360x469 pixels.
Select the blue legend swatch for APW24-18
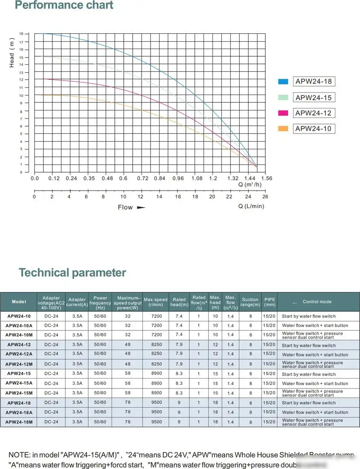click(283, 81)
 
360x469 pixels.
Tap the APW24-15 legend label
click(313, 98)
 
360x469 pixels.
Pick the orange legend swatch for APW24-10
click(283, 129)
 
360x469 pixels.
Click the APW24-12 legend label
click(313, 113)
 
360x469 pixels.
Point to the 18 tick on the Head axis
click(21, 34)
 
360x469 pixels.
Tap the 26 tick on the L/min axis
click(265, 197)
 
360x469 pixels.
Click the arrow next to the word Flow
click(141, 208)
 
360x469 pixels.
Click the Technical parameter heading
click(72, 272)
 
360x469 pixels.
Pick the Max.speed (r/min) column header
click(156, 302)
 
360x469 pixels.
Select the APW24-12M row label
click(19, 364)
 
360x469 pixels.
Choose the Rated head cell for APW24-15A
click(179, 383)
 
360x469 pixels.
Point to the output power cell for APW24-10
click(128, 316)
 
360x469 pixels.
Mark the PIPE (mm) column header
click(270, 302)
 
